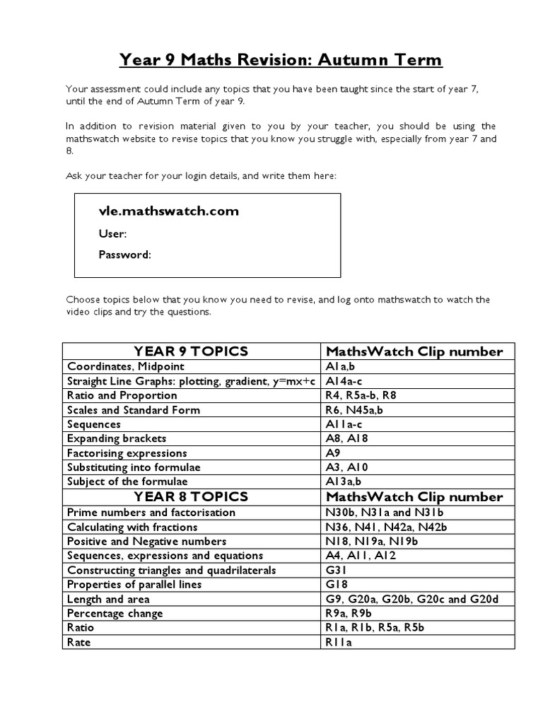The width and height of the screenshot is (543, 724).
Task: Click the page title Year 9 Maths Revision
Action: [281, 60]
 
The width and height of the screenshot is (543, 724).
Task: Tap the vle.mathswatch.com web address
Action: [169, 211]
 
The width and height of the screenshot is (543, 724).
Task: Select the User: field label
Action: [112, 234]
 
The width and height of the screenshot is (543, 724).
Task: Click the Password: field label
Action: [124, 255]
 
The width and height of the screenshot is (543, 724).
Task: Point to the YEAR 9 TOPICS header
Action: [191, 351]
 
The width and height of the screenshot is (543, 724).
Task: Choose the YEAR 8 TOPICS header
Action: [191, 496]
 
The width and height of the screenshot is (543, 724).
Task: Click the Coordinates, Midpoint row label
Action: [125, 366]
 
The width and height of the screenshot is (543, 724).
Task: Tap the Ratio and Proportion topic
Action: [122, 395]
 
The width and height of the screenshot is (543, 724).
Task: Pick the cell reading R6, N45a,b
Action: [354, 410]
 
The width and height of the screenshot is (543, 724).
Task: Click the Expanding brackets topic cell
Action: [117, 438]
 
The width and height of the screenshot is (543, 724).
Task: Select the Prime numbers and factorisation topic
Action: [151, 512]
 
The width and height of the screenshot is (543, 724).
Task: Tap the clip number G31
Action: [337, 570]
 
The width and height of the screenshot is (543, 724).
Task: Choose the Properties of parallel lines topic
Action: [134, 585]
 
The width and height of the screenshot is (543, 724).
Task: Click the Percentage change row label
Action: [115, 613]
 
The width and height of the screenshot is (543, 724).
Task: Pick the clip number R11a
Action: [339, 643]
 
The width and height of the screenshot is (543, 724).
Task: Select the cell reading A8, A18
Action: [346, 438]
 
